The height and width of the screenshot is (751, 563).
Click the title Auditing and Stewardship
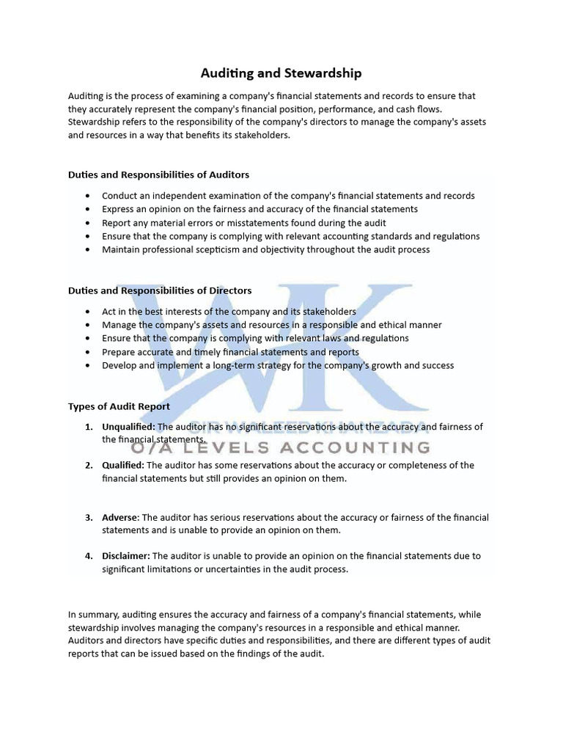[281, 73]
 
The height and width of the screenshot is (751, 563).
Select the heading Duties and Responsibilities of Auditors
[158, 175]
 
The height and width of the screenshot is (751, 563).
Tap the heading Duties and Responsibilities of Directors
[160, 290]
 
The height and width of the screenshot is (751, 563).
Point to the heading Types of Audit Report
[119, 406]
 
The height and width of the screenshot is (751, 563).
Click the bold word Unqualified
[128, 427]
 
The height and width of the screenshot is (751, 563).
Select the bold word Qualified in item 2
[123, 465]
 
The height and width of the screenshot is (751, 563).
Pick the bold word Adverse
[119, 517]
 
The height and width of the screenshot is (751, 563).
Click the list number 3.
[88, 517]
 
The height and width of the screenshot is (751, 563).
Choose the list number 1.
[88, 427]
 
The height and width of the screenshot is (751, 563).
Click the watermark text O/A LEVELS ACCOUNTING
[281, 447]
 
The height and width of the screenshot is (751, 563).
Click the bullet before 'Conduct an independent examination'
[88, 196]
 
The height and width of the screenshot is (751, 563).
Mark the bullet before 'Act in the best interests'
[88, 312]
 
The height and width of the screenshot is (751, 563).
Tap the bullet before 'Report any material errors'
[88, 223]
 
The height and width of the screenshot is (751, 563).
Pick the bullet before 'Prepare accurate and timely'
[88, 352]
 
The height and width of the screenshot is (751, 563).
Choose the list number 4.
[88, 556]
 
